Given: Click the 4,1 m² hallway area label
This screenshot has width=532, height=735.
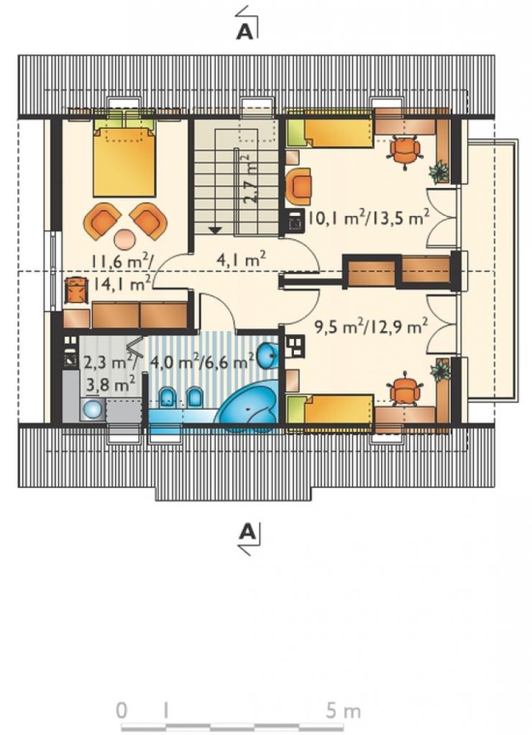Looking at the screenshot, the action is click(x=241, y=260).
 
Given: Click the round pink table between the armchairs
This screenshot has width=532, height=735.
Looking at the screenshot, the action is click(x=124, y=239).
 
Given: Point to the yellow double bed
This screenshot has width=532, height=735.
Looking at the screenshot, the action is click(x=124, y=158).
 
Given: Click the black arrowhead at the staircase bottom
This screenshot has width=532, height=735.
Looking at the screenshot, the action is click(x=214, y=230).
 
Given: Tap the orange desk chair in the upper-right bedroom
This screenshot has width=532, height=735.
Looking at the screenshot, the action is click(x=404, y=149).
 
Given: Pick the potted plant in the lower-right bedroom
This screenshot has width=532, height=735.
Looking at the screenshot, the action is click(x=440, y=370).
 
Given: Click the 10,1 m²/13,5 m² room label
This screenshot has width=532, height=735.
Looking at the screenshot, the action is click(x=369, y=218).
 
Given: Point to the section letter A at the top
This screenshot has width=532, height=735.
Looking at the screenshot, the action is click(x=245, y=31).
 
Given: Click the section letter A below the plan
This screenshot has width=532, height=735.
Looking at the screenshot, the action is click(x=247, y=532).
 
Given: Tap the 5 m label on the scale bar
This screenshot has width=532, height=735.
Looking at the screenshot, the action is click(x=344, y=711).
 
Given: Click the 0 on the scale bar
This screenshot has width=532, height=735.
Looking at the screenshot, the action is click(x=121, y=711).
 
